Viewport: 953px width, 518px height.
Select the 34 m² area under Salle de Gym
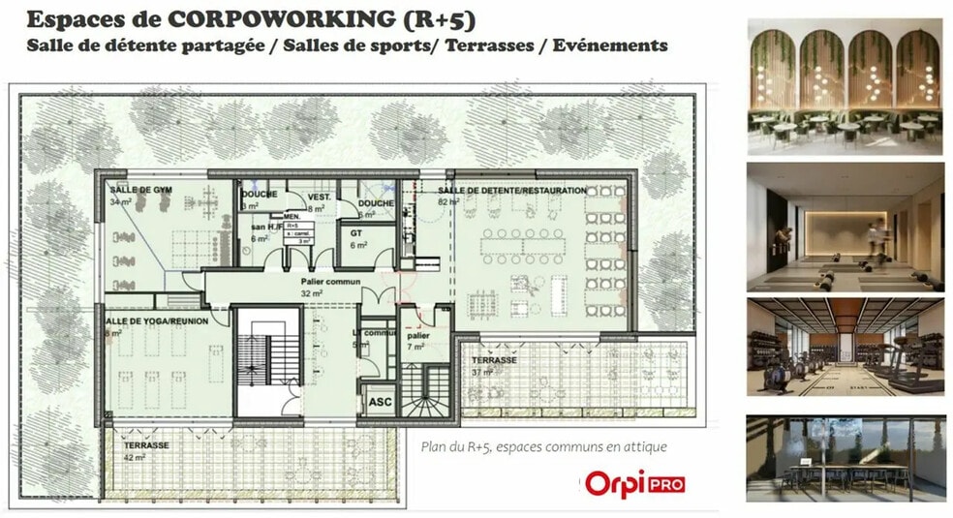[x=120, y=202]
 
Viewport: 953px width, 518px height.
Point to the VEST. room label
[x=320, y=197]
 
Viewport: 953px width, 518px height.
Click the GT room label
[x=357, y=232]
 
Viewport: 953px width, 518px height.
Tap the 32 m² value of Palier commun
[x=310, y=292]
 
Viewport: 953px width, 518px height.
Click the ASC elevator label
[x=380, y=400]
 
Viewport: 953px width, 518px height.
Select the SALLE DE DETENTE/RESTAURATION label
[x=511, y=191]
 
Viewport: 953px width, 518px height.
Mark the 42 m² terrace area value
[x=133, y=457]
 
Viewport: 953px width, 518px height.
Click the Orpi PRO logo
[x=623, y=483]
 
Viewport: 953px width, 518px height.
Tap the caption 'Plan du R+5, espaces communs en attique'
[x=543, y=447]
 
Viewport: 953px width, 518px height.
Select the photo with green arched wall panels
[x=845, y=90]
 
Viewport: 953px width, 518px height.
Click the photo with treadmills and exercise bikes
[x=845, y=347]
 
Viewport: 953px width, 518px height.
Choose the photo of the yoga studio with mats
[x=845, y=227]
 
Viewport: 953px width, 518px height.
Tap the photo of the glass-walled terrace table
[x=845, y=458]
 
